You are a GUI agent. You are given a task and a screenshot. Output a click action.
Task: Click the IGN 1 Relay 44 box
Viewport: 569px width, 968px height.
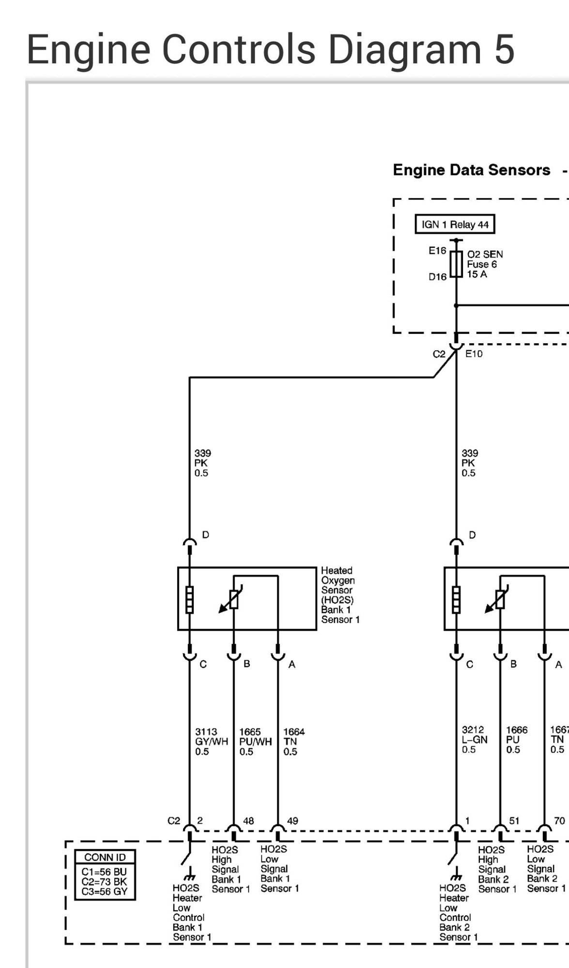pos(455,225)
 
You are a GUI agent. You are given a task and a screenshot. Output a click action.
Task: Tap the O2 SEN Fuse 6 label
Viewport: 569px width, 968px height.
pos(484,264)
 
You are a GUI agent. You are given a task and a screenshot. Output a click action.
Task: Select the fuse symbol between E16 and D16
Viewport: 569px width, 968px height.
pos(456,264)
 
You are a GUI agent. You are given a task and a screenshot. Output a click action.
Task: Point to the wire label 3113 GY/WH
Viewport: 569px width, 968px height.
pos(211,741)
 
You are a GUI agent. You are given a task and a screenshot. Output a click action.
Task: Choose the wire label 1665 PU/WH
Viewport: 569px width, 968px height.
pos(255,741)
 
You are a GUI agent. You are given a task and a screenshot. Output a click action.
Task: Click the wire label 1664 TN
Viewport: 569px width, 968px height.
pos(293,741)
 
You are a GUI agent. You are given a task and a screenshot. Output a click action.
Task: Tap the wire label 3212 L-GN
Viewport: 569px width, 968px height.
pos(474,740)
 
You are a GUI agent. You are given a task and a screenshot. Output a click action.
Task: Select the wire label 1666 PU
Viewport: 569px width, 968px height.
pos(516,740)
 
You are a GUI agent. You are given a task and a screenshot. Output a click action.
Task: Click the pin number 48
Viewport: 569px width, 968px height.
pos(248,821)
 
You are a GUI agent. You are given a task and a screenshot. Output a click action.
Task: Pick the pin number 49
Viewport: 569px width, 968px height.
pos(292,821)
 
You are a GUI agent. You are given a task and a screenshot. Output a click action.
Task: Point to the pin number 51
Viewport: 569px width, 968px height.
pos(514,821)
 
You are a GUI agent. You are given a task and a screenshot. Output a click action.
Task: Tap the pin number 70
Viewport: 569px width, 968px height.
pos(559,821)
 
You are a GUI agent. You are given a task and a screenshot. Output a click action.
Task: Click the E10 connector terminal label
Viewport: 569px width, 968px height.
pos(474,354)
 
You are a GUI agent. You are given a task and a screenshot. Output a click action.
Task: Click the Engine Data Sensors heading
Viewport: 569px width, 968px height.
pos(471,170)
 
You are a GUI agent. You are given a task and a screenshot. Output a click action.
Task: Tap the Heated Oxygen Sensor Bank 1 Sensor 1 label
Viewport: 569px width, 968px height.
pos(339,595)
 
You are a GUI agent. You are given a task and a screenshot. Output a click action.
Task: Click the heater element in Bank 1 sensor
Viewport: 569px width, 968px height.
pos(189,599)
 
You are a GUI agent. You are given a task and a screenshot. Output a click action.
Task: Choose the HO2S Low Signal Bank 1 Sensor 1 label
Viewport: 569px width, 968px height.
pos(279,869)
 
